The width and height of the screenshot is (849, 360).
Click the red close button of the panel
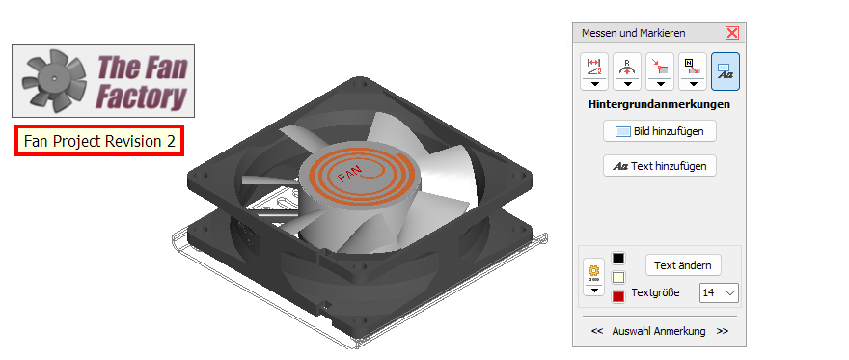[x=732, y=33]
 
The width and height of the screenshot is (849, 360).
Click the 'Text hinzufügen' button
[x=660, y=166]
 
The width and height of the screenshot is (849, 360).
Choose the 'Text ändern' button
[x=683, y=265]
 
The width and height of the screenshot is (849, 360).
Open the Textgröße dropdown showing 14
[x=719, y=292]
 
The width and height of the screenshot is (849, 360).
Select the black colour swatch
[x=617, y=259]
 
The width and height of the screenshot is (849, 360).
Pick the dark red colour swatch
[x=617, y=296]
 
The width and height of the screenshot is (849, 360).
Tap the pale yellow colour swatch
[x=617, y=278]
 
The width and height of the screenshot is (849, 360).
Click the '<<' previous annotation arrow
[x=597, y=331]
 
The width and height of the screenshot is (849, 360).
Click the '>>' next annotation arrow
[x=723, y=331]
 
